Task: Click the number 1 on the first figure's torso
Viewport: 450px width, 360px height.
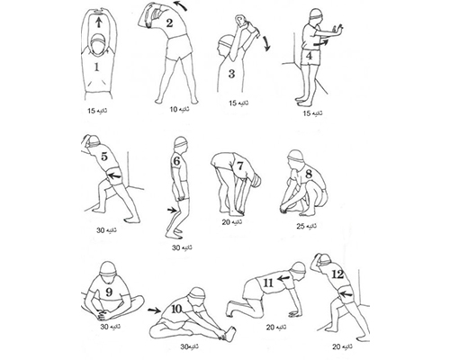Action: (96, 67)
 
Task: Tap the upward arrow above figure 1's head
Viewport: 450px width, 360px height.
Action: (99, 22)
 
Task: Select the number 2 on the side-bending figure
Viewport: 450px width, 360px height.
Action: (169, 23)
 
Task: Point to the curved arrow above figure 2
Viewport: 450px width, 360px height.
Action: (181, 5)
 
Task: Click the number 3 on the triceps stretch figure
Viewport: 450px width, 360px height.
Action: (231, 74)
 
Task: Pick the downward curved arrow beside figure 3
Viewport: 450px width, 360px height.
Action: (265, 43)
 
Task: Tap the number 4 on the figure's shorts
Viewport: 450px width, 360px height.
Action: (310, 56)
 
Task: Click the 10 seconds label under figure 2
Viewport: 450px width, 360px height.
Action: (180, 109)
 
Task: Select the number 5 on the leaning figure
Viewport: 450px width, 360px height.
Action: (104, 157)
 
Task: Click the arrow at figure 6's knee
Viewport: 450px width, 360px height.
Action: (173, 210)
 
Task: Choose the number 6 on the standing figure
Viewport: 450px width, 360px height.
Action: (176, 161)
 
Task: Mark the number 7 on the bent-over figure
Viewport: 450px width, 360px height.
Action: (239, 166)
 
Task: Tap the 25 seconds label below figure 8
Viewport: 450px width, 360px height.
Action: (306, 227)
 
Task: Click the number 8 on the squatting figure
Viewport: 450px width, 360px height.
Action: (309, 174)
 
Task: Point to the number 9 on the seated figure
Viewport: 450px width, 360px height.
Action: (109, 292)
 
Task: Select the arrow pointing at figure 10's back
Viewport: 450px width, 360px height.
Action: (155, 310)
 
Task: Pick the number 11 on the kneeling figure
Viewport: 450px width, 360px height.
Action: (268, 283)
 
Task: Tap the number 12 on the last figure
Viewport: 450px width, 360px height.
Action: (338, 274)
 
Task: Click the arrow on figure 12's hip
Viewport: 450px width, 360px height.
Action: (346, 293)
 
